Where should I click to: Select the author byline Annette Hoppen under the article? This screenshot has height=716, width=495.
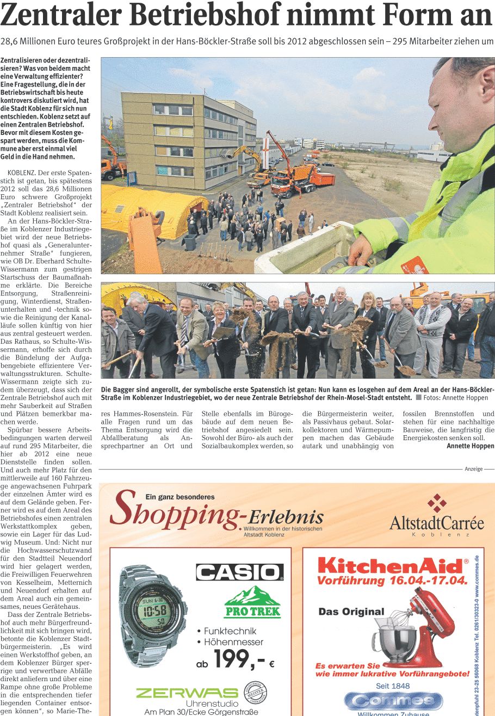click(x=470, y=446)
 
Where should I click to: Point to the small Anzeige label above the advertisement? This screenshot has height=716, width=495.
click(x=473, y=469)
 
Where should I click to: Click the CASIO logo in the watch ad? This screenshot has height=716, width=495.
click(x=239, y=572)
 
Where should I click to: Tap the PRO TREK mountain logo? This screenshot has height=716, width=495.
click(x=252, y=602)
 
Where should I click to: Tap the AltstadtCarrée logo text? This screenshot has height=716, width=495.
click(x=436, y=523)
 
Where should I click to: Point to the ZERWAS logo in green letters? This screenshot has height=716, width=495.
click(x=187, y=693)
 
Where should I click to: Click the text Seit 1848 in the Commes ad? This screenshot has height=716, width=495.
click(x=392, y=686)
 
